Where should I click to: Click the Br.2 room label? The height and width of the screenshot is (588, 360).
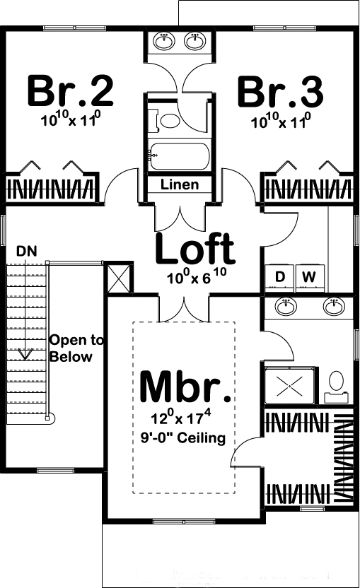coord(70,91)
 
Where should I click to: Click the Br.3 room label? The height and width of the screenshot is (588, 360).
coord(280,91)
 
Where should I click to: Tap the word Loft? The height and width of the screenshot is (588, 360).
coord(194,249)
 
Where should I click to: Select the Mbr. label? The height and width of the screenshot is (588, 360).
coord(185,387)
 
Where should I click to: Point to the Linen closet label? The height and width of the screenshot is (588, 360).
coord(180,185)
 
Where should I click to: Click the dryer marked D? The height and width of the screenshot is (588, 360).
coord(280,277)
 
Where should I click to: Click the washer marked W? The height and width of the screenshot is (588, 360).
coord(308,277)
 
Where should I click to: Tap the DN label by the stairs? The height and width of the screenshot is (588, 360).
coord(27,251)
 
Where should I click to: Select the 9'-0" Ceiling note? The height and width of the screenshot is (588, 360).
coord(182,438)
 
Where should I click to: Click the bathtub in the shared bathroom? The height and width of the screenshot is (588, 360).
coord(180,155)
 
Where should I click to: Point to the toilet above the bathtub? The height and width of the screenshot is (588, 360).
coord(170,120)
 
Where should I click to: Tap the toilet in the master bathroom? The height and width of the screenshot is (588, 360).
coord(337,382)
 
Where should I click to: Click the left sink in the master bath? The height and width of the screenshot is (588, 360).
coord(285,307)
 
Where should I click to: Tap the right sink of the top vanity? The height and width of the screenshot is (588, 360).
coord(194,41)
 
